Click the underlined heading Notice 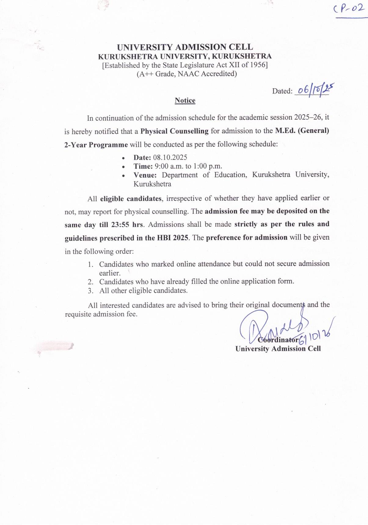coord(185,101)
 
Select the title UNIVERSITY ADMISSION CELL coord(185,47)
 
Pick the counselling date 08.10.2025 coord(170,157)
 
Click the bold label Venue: coord(145,175)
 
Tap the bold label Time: coord(143,166)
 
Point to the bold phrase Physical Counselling coord(174,131)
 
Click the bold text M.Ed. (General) coord(302,131)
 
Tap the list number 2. coord(90,282)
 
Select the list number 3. coord(90,291)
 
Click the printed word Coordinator coord(278,340)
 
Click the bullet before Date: coord(123,158)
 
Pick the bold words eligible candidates coord(131,199)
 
